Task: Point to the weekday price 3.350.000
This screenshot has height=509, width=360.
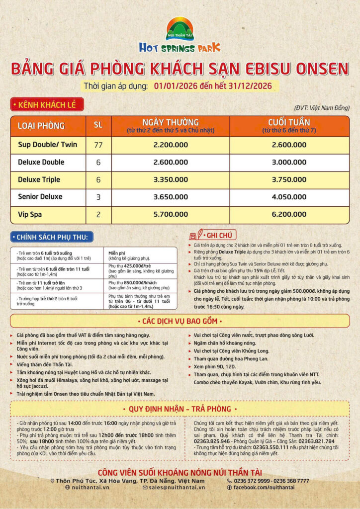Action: point(171,179)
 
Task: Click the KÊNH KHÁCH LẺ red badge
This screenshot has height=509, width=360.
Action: point(47,104)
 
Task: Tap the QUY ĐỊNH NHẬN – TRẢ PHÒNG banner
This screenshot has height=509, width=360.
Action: point(180,409)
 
